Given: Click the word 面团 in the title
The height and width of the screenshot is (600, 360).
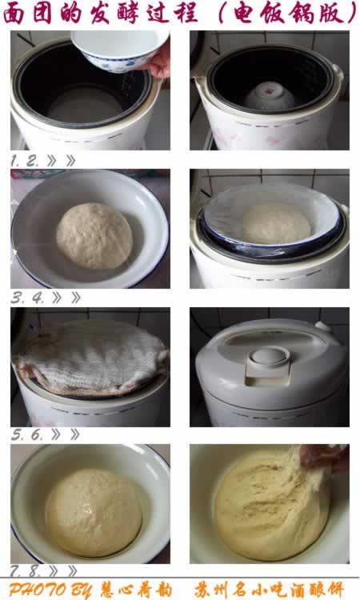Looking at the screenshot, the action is click(27, 14).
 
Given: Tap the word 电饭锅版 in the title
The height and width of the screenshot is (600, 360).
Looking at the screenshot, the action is click(290, 14).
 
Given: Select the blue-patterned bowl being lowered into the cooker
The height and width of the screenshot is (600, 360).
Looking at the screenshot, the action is click(119, 50).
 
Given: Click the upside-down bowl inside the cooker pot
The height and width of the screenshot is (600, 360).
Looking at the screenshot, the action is click(270, 96).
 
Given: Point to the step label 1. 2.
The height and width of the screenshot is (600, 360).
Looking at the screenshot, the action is click(25, 161).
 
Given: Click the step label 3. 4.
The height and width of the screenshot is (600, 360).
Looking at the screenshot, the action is click(27, 298).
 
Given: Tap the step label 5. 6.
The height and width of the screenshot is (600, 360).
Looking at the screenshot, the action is click(27, 434).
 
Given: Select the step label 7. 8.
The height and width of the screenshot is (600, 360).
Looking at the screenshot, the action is click(25, 571).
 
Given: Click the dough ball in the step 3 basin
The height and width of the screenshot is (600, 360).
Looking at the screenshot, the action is click(94, 235).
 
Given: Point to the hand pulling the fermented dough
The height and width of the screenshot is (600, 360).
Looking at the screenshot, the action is click(324, 458).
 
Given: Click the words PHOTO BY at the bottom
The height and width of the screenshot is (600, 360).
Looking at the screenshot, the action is click(50, 590).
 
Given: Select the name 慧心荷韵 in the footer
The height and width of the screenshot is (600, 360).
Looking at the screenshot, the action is click(136, 590).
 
